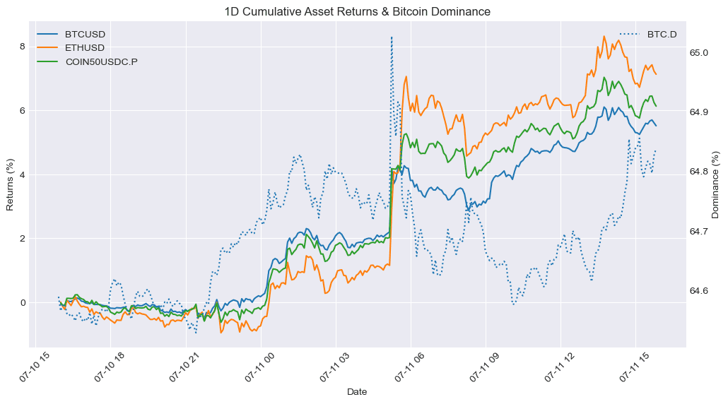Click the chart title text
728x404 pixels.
357,11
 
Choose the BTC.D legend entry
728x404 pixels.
648,35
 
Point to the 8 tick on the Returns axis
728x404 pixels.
23,47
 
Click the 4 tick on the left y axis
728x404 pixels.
23,175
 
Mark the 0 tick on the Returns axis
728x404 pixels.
23,303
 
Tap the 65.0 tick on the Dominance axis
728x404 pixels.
699,53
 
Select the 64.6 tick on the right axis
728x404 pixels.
699,291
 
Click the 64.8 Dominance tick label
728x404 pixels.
699,172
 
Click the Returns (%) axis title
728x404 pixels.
10,184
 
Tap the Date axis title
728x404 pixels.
357,392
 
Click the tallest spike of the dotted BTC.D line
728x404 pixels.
392,37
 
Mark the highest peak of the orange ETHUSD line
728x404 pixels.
604,36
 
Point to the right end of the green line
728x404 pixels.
656,106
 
